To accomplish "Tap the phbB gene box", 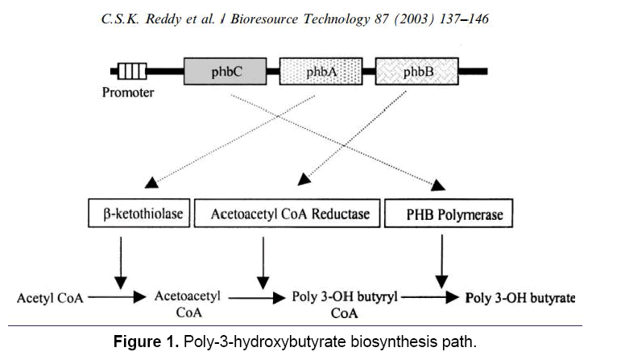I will [417, 72].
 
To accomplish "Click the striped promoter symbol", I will [131, 72].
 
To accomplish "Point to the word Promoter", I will [128, 93].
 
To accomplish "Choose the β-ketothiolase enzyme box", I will [136, 213].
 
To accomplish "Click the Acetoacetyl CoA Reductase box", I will [290, 213].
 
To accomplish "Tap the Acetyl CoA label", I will [49, 298].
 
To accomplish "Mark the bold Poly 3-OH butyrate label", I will [520, 298].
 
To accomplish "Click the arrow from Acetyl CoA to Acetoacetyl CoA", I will [116, 297].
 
